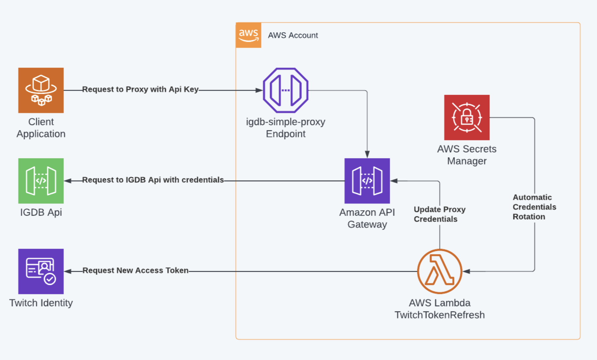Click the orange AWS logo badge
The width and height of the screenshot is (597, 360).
[x=248, y=35]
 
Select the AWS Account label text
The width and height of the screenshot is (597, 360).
[x=293, y=35]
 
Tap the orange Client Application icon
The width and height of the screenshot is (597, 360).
[x=41, y=90]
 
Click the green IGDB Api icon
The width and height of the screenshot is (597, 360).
[x=41, y=181]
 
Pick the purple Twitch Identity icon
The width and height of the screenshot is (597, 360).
[x=41, y=271]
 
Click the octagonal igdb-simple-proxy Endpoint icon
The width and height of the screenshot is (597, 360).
[x=286, y=90]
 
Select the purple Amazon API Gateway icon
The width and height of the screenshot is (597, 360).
[x=367, y=181]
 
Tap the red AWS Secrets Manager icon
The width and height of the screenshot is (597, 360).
[x=467, y=117]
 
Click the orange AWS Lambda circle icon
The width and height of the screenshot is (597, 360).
[x=439, y=271]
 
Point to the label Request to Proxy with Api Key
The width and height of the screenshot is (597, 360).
[x=140, y=89]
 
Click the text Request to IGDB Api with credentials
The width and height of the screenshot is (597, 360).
[x=153, y=180]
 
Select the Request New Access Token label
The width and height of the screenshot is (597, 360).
[x=135, y=270]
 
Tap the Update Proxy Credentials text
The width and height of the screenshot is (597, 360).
[x=439, y=214]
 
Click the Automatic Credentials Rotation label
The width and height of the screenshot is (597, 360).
[x=534, y=207]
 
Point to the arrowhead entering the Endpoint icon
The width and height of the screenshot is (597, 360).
[x=259, y=90]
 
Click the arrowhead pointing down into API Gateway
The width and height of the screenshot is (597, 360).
[x=367, y=155]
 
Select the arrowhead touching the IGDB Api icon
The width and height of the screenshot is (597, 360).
[x=68, y=181]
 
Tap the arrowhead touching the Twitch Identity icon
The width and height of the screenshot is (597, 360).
[x=68, y=271]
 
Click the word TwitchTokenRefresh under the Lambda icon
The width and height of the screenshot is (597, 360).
[x=439, y=315]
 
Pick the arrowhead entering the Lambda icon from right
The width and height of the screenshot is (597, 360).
[x=466, y=271]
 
